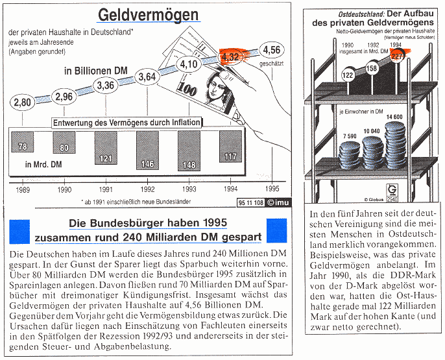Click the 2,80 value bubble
[x=22, y=102]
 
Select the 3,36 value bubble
[x=104, y=85]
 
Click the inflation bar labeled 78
[x=22, y=147]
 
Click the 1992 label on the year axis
[x=148, y=189]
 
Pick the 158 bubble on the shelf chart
[x=372, y=67]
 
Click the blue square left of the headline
[x=20, y=230]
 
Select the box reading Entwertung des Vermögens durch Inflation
[x=126, y=122]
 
